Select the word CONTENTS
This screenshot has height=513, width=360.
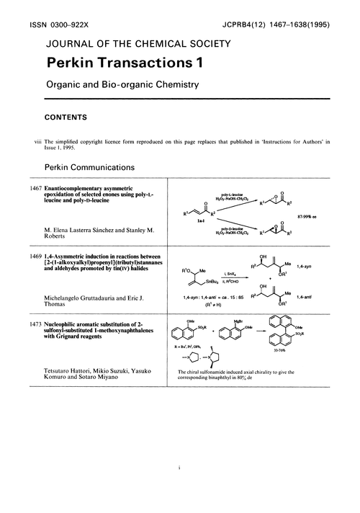click(x=66, y=115)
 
